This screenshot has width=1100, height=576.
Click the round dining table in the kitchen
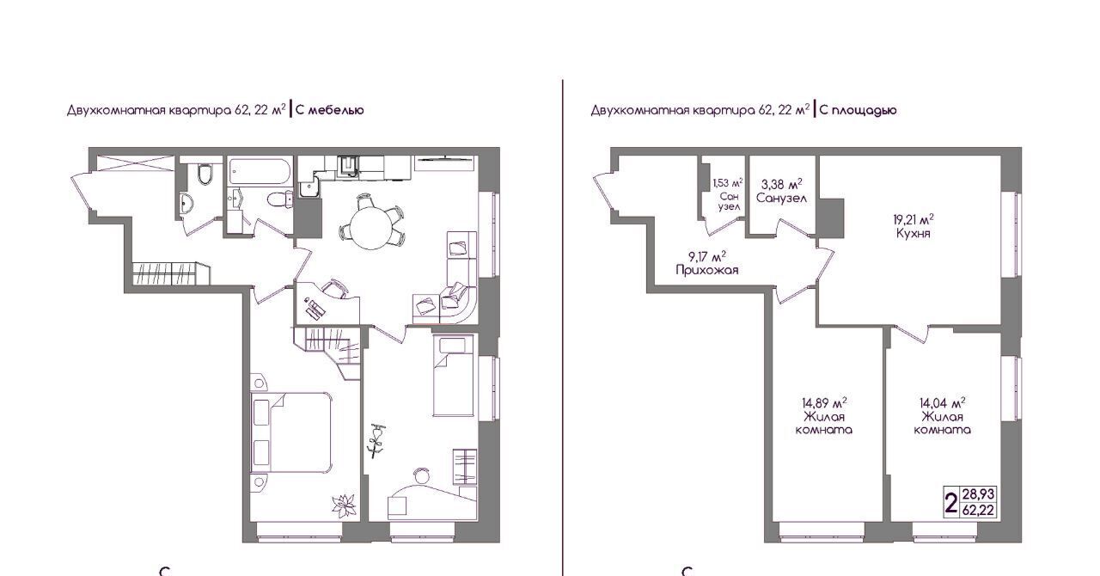pyautogui.click(x=372, y=227)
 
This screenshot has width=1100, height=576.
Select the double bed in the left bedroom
pyautogui.click(x=291, y=433)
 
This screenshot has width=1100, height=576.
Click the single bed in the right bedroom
pyautogui.click(x=455, y=376)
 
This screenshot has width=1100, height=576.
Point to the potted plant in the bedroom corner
pyautogui.click(x=345, y=506)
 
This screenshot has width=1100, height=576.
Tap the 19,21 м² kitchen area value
pyautogui.click(x=913, y=218)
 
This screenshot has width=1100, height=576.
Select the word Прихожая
pyautogui.click(x=707, y=270)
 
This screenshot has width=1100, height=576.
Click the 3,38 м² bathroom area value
pyautogui.click(x=782, y=185)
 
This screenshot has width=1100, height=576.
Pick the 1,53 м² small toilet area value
pyautogui.click(x=728, y=183)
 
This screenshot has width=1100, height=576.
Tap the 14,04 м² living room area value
pyautogui.click(x=943, y=403)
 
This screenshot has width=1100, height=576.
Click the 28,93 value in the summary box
pyautogui.click(x=978, y=493)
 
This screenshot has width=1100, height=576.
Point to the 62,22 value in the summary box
pyautogui.click(x=978, y=510)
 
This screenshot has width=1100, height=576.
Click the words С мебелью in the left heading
pyautogui.click(x=330, y=110)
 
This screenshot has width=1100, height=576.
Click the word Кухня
pyautogui.click(x=913, y=233)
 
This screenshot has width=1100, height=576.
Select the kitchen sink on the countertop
pyautogui.click(x=349, y=164)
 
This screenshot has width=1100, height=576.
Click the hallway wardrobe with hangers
pyautogui.click(x=170, y=273)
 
